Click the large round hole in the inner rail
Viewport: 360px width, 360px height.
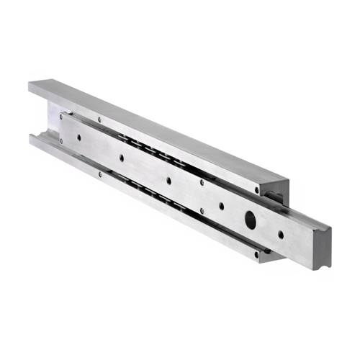point(251,219)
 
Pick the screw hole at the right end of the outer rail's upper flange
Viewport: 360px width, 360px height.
point(256,191)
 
